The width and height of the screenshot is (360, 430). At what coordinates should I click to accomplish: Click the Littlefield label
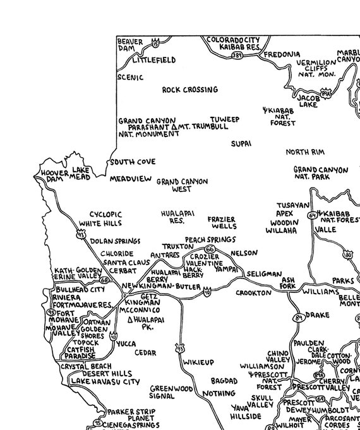154,61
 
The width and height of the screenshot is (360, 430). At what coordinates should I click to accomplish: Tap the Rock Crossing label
190,90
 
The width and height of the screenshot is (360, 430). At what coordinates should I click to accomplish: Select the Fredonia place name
282,55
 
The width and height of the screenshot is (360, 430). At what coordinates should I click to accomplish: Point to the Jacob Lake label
309,101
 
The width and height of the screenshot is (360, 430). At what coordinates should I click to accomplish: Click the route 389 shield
237,56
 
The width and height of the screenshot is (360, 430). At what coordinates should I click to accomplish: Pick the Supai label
241,144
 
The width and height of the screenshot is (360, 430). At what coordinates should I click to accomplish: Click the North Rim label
305,152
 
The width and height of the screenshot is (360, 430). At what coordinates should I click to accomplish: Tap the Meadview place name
131,179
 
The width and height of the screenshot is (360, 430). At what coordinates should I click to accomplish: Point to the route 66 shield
210,249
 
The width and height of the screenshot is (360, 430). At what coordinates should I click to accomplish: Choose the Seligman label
261,274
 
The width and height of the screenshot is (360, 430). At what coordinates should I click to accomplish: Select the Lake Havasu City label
105,382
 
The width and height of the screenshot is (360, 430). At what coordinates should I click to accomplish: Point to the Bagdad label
224,381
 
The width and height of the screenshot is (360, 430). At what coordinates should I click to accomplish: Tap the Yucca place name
126,344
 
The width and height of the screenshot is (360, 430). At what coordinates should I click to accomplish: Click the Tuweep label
225,119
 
